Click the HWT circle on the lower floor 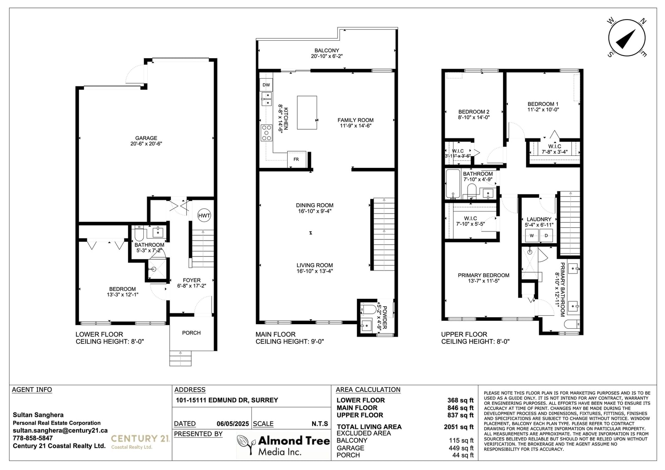(204, 216)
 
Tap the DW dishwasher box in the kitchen (266, 85)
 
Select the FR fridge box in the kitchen (296, 159)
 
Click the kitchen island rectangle (307, 113)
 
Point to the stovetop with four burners (266, 133)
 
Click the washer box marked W (532, 236)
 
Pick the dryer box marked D (546, 236)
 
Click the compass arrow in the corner (626, 39)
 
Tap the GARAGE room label (146, 138)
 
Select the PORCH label (192, 333)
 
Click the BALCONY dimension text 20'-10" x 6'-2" (327, 56)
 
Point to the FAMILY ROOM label (355, 120)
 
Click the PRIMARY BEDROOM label (484, 275)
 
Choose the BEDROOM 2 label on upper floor (474, 112)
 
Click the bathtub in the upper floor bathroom (453, 184)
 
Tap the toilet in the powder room (368, 309)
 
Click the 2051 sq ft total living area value (459, 427)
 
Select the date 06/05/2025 (233, 424)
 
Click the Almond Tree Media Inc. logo (283, 445)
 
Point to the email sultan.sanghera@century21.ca (60, 431)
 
